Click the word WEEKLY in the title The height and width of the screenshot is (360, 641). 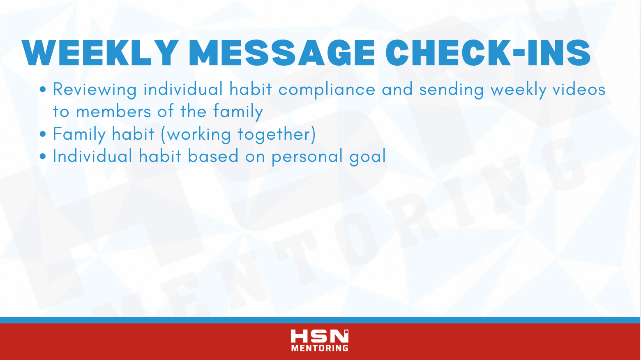[100, 53]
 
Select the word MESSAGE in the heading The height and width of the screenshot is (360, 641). [281, 53]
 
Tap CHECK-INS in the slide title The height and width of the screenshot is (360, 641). [488, 53]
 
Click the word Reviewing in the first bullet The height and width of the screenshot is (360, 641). [95, 90]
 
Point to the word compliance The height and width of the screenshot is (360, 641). [327, 90]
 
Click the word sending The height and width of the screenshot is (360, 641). [452, 90]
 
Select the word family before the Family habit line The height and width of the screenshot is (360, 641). [238, 112]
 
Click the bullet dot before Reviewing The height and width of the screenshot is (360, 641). [43, 89]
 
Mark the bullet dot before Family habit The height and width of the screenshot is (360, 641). [43, 134]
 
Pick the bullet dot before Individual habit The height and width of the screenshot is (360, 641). [43, 156]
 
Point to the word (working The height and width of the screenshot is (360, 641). [196, 134]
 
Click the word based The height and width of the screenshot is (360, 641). [213, 156]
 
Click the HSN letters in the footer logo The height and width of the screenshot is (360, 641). [319, 336]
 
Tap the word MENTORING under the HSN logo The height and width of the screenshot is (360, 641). [320, 348]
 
